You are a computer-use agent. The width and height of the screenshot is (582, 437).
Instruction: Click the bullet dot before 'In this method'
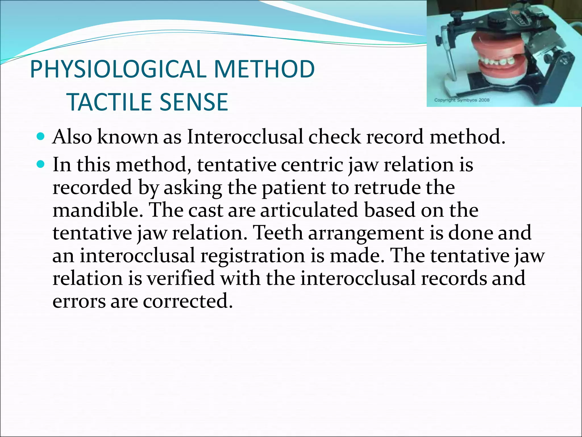[x=41, y=164]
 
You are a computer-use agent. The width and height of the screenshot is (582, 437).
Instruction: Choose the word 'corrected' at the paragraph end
[x=188, y=301]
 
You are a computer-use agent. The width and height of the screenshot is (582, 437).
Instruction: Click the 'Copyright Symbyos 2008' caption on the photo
[x=462, y=100]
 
